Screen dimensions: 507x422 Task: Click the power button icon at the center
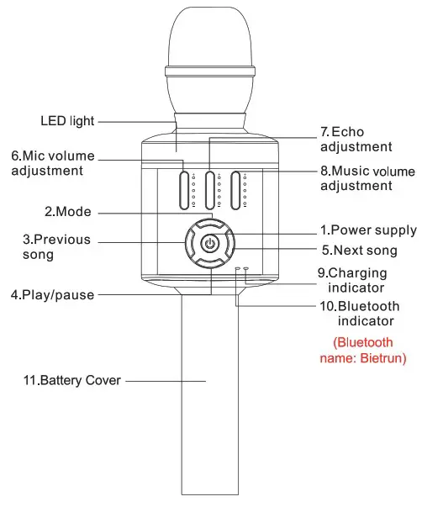pyautogui.click(x=210, y=245)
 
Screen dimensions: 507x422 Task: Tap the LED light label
pyautogui.click(x=66, y=120)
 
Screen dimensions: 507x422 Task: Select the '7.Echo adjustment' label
pyautogui.click(x=356, y=140)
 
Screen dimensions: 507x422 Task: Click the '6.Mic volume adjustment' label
pyautogui.click(x=52, y=163)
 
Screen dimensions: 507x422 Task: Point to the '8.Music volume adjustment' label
pyautogui.click(x=367, y=177)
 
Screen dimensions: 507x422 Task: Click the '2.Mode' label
pyautogui.click(x=68, y=211)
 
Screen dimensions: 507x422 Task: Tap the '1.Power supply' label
pyautogui.click(x=367, y=230)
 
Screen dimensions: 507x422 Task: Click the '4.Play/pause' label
pyautogui.click(x=52, y=295)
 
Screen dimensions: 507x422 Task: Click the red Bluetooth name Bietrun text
pyautogui.click(x=370, y=351)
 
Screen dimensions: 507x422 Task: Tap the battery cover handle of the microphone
pyautogui.click(x=209, y=395)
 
